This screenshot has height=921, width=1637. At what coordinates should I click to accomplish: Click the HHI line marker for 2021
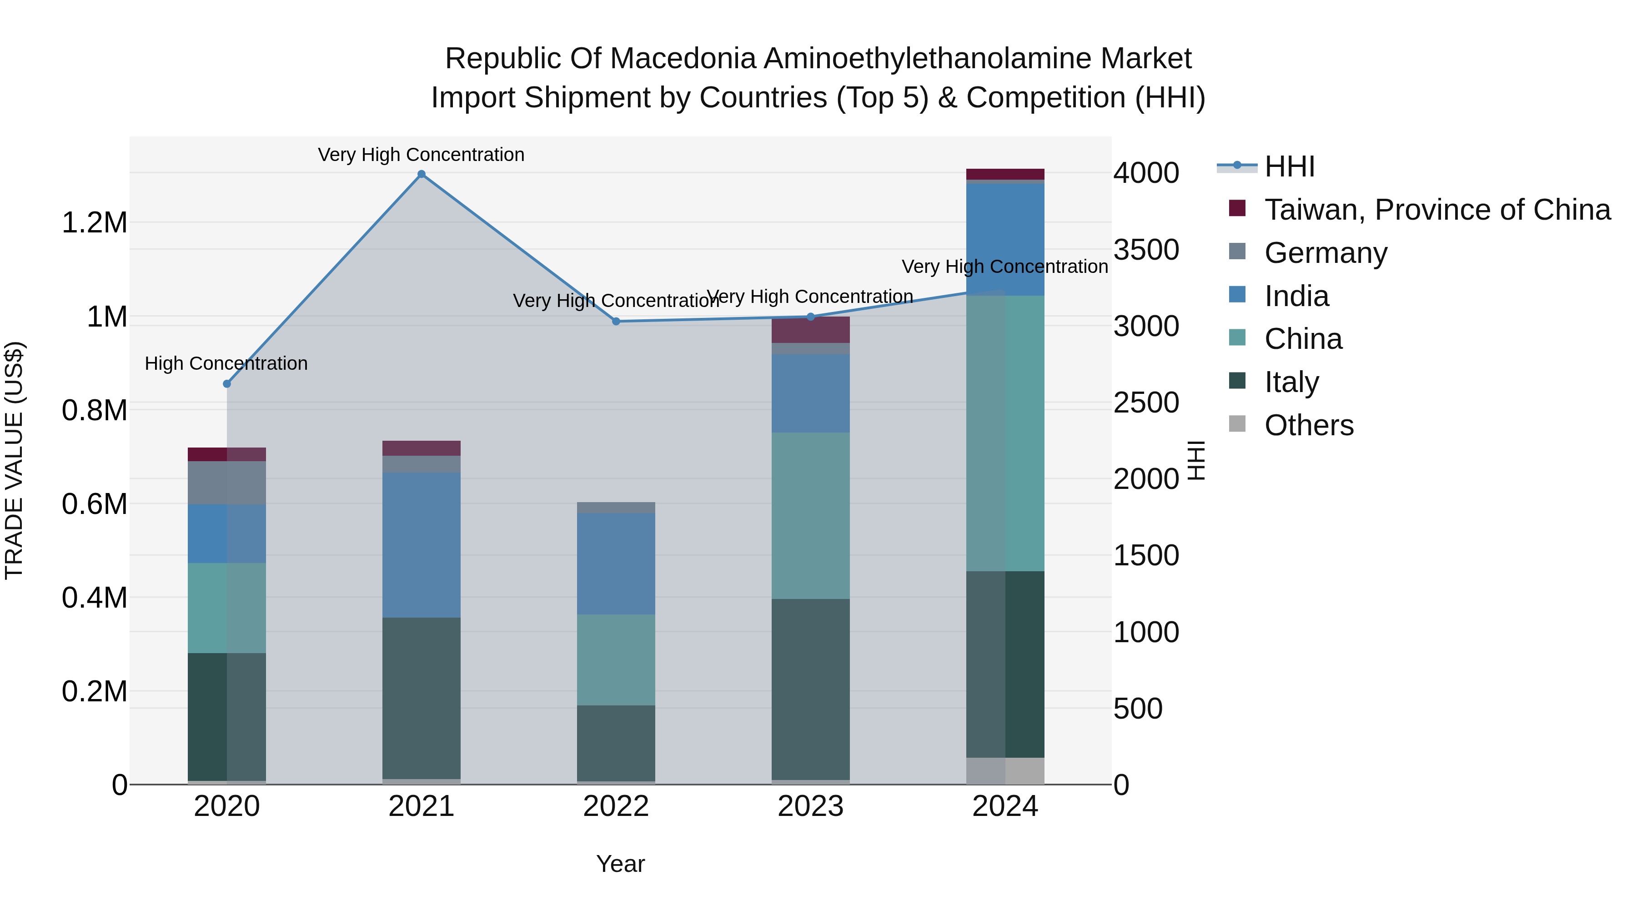coord(422,174)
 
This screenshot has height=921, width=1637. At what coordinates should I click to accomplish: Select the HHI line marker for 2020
coord(227,384)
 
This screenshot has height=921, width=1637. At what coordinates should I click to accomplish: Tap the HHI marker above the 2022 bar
coord(616,322)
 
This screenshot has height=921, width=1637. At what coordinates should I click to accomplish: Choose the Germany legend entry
coord(1326,253)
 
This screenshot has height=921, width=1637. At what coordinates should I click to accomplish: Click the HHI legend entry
coord(1289,166)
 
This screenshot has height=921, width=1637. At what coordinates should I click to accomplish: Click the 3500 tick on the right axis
coord(1146,250)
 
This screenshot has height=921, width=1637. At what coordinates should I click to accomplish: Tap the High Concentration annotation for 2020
coord(226,363)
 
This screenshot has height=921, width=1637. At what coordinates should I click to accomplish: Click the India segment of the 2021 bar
coord(422,545)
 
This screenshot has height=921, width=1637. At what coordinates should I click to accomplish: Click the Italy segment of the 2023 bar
coord(810,689)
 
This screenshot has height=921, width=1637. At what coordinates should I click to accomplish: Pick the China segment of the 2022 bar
coord(616,660)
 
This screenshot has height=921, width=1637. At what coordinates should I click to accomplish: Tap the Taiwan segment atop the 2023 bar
coord(810,330)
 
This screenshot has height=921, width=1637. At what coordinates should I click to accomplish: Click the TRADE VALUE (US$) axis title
coord(14,460)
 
